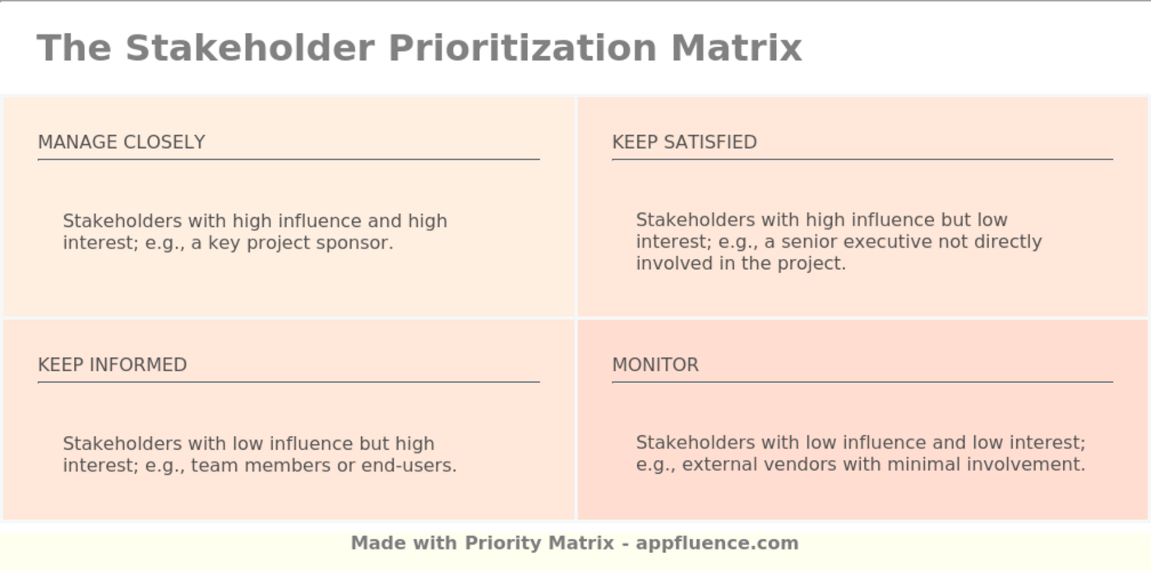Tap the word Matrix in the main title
pos(736,48)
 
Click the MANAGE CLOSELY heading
pos(122,142)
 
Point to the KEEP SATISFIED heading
pos(684,142)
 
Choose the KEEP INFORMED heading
pos(113,364)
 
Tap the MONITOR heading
pos(655,364)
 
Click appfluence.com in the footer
pos(717,543)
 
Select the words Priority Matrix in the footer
pos(539,543)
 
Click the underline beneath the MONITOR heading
pos(862,382)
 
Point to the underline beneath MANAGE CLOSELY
pos(289,159)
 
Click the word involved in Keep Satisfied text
pos(669,263)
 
